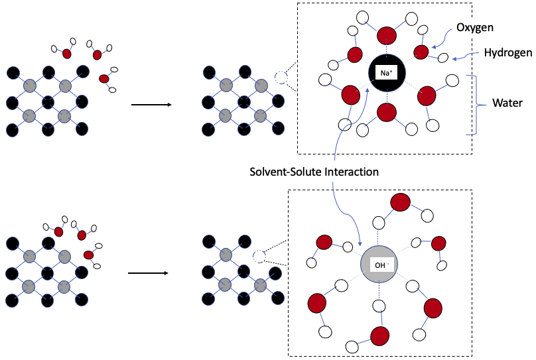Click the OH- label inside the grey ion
point(381,265)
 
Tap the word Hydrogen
point(507,51)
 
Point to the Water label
point(507,104)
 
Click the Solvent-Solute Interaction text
point(314,172)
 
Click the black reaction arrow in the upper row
point(151,105)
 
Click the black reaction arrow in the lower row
point(149,272)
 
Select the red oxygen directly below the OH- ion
point(380,335)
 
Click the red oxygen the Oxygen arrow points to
point(421,52)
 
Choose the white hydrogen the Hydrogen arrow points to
point(443,58)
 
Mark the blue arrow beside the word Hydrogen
point(466,56)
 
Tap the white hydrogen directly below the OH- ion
point(380,306)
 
